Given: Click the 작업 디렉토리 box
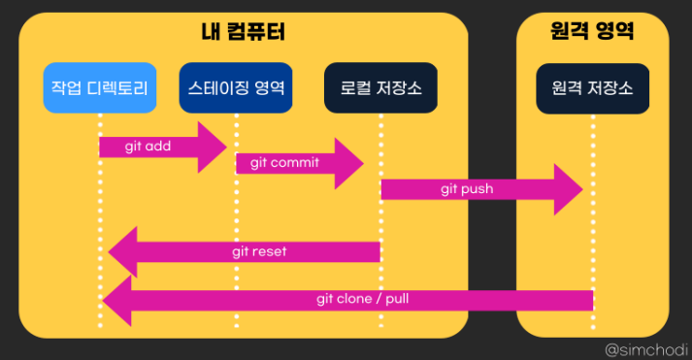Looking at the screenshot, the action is [x=100, y=87].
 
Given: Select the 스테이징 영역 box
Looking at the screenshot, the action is [x=236, y=87].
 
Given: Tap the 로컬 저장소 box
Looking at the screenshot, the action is [x=380, y=87].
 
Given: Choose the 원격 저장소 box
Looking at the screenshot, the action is [x=593, y=88].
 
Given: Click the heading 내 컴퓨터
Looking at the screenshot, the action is [x=244, y=32].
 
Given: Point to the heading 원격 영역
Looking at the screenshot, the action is [x=592, y=31].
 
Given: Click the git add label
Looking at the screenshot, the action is [x=148, y=146].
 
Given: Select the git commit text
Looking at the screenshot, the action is [x=284, y=163].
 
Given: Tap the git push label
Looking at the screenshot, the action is [x=467, y=189].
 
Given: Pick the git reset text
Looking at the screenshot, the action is [x=259, y=251].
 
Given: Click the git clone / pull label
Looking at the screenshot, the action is [x=363, y=299].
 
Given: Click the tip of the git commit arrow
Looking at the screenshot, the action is [x=364, y=164].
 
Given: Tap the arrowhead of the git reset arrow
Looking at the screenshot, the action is [x=109, y=252].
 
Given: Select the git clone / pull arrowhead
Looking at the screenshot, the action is [x=102, y=301].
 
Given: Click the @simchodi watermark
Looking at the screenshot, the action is [x=646, y=350].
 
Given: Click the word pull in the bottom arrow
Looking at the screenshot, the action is [x=397, y=299].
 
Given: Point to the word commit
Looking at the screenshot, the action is [x=295, y=162].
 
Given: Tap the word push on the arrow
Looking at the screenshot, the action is [x=477, y=190].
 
